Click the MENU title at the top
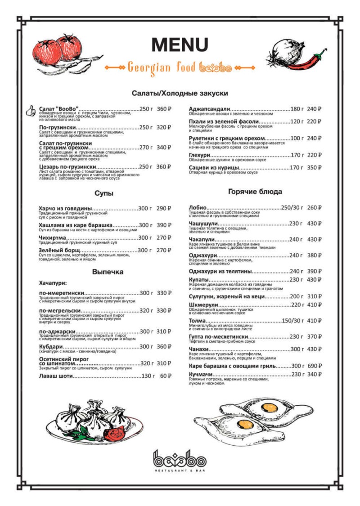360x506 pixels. tap(180, 45)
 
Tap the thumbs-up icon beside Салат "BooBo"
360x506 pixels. tap(31, 111)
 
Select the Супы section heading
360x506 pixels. tap(103, 193)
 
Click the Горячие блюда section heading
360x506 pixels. tap(255, 192)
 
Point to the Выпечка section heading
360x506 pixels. tap(108, 272)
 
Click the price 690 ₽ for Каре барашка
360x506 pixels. tap(315, 366)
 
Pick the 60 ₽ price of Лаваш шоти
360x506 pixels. tap(166, 376)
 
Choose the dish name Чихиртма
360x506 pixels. tap(53, 237)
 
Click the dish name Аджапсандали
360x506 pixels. tap(210, 109)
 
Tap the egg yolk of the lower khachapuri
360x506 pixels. tap(243, 423)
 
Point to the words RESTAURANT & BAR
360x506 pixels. tap(180, 470)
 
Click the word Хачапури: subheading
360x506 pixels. tap(53, 283)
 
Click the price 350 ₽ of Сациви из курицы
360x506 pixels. tap(315, 168)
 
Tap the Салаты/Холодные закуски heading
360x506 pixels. tap(180, 93)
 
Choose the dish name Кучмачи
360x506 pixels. tap(201, 374)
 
